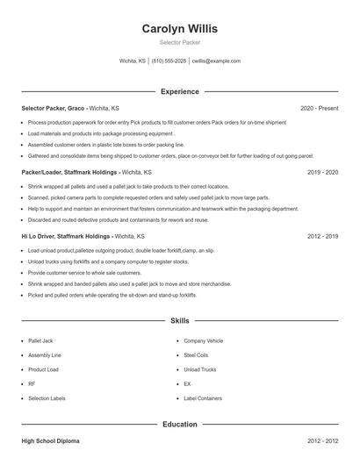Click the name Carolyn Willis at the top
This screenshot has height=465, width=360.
[179, 28]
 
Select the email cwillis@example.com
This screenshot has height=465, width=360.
[215, 61]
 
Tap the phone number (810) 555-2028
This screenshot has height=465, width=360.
[169, 61]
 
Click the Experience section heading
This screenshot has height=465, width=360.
[179, 91]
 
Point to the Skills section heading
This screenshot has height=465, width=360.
[179, 321]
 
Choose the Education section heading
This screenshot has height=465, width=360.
[179, 424]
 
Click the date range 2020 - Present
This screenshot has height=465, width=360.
[319, 108]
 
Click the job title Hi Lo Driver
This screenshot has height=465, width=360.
[40, 236]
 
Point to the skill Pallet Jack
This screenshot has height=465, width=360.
[40, 340]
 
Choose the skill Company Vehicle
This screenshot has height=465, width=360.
[203, 340]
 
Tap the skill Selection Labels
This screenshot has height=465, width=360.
[47, 398]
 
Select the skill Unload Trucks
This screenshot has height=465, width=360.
[199, 369]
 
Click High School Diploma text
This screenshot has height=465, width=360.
[51, 440]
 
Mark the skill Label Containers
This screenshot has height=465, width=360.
[203, 398]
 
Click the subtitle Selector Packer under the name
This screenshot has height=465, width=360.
[179, 42]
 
